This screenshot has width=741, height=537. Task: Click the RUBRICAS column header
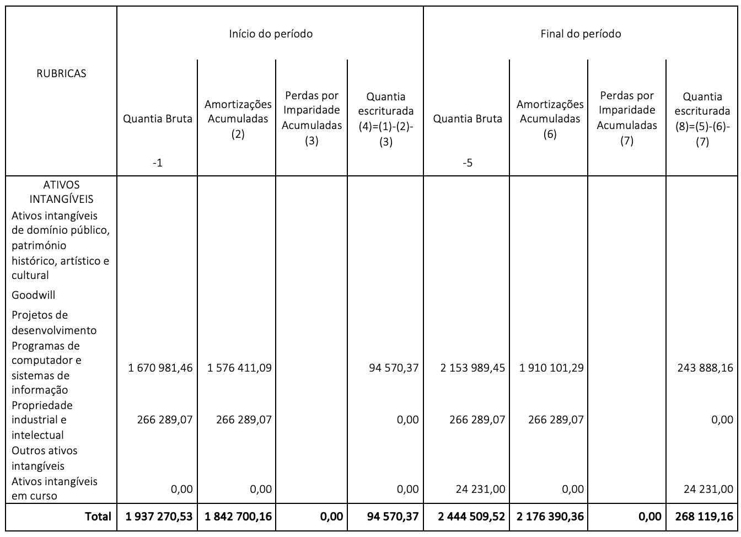point(61,73)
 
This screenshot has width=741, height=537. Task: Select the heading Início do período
point(271,34)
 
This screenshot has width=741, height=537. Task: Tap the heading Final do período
point(581,34)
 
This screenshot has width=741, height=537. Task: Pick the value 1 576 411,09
point(239,368)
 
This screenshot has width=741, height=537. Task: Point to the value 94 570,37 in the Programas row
point(394,368)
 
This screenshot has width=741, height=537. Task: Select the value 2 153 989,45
point(472,368)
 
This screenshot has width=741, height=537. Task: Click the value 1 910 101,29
point(551,368)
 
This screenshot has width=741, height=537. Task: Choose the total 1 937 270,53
point(159,517)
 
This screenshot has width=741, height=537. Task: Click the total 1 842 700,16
point(238,517)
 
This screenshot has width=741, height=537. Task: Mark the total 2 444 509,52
point(471,517)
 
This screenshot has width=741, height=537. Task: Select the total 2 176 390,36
point(550,517)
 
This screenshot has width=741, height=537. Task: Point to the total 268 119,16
point(704,517)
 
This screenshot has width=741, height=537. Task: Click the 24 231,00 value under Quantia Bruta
point(481,489)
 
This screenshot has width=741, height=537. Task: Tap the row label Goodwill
point(33,295)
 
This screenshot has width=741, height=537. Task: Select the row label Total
point(98,517)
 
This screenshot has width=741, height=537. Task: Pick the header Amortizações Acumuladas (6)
point(550,119)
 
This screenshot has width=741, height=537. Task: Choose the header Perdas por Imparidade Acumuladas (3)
point(312,118)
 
